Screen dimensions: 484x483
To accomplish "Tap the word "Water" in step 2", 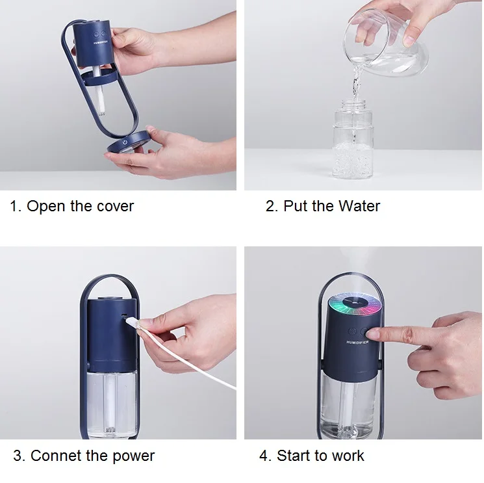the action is [x=359, y=206].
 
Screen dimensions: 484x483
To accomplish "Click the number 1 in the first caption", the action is [x=13, y=206].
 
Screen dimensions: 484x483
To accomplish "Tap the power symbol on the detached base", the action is [x=125, y=142].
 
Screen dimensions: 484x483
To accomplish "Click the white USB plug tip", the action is [x=131, y=322].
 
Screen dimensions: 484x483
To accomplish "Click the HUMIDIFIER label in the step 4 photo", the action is [x=357, y=342].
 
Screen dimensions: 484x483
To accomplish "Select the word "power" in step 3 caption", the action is [x=133, y=456].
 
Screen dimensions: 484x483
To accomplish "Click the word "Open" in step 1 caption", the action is [x=46, y=206].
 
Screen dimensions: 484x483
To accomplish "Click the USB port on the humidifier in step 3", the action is [x=124, y=316].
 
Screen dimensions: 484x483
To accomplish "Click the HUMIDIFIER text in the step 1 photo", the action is [x=101, y=43].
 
